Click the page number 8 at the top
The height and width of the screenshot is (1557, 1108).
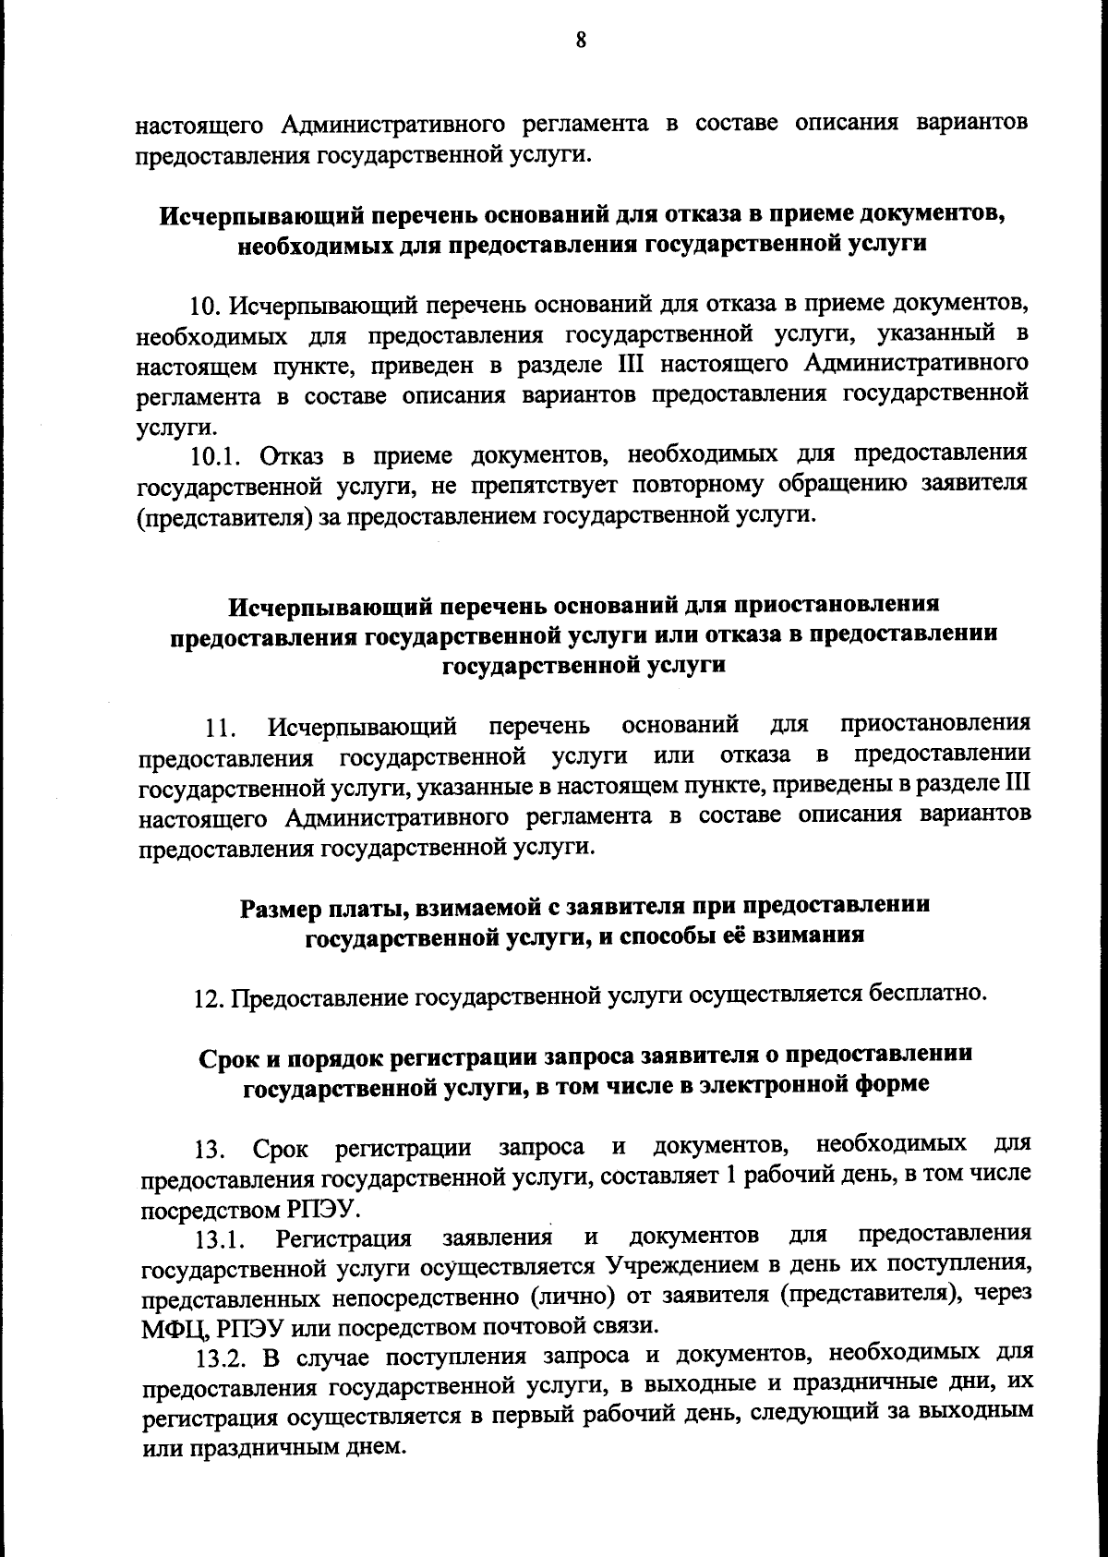tap(581, 41)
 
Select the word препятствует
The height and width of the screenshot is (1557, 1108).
tap(536, 485)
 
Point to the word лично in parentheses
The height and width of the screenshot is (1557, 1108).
tap(573, 1295)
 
